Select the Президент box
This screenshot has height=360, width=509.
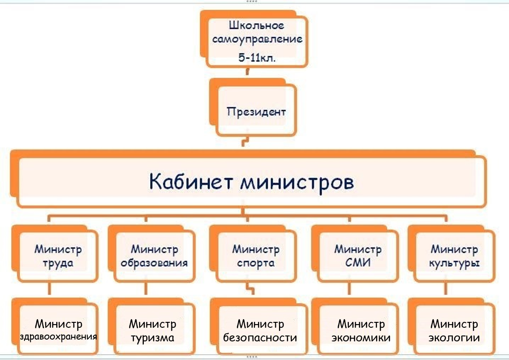click(256, 111)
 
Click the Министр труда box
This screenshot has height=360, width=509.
click(58, 256)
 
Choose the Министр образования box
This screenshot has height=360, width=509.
click(154, 256)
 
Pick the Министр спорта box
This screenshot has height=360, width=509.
click(256, 256)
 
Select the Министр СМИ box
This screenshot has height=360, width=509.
click(358, 256)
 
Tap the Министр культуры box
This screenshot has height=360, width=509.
click(454, 256)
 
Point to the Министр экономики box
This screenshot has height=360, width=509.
click(361, 331)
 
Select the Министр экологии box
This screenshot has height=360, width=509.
click(454, 331)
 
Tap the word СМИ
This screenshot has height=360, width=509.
click(358, 263)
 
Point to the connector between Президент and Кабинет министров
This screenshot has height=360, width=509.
click(245, 143)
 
